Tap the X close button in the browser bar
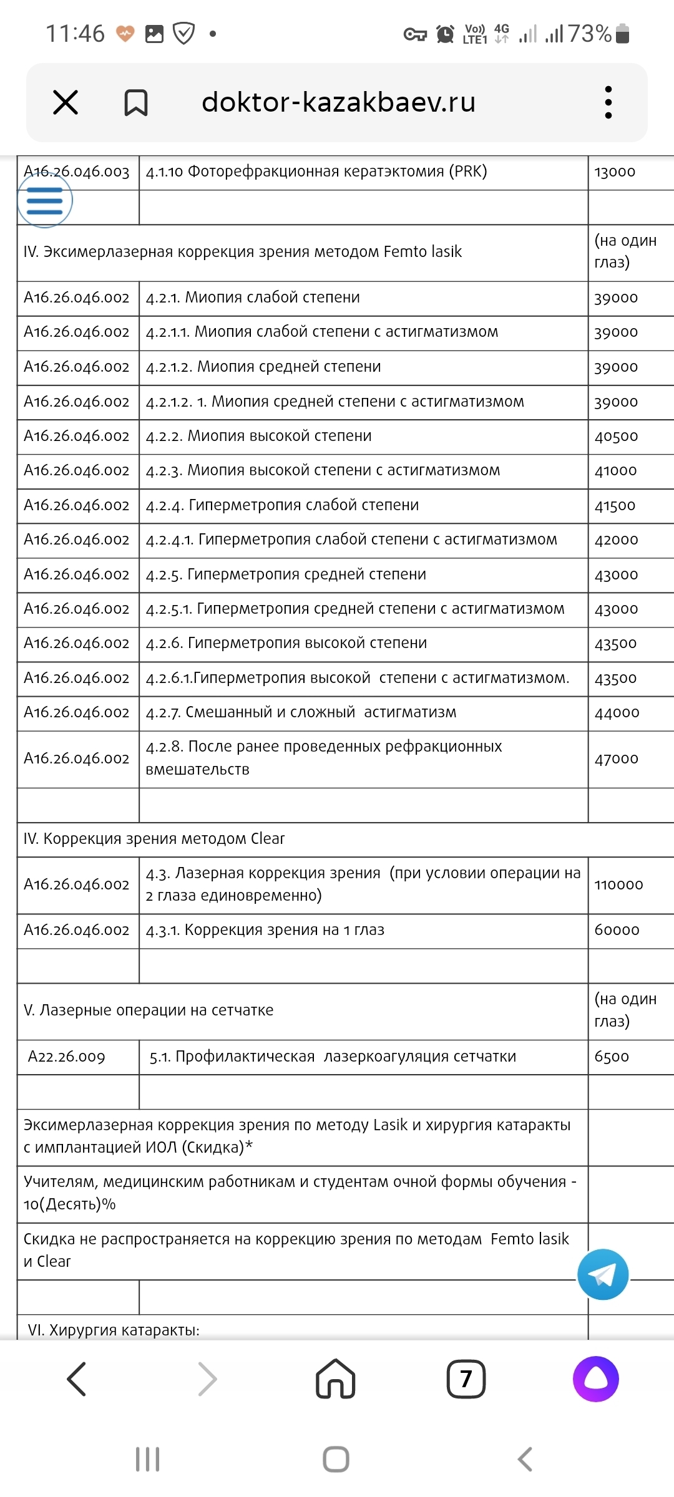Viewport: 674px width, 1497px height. (x=66, y=102)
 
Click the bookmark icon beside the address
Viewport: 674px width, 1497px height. (x=135, y=103)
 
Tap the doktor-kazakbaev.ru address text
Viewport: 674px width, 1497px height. (x=338, y=102)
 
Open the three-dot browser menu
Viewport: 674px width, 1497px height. (x=608, y=102)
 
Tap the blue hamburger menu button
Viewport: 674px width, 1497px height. (x=45, y=201)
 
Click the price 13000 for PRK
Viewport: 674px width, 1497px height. (x=615, y=172)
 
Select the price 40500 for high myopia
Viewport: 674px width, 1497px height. (x=616, y=437)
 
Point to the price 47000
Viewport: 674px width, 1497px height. (x=617, y=759)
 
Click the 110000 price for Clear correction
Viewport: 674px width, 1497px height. (x=618, y=885)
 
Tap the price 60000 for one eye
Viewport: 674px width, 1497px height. (x=617, y=931)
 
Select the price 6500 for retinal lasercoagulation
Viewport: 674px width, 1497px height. (x=612, y=1057)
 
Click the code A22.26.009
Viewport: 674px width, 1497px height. (x=67, y=1057)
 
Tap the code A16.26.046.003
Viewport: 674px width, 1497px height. (x=77, y=172)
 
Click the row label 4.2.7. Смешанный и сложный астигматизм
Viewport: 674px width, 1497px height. (x=301, y=712)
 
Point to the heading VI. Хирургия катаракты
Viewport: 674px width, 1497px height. (x=114, y=1330)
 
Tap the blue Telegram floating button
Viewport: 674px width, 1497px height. (x=603, y=1274)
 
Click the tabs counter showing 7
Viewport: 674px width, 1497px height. (x=466, y=1378)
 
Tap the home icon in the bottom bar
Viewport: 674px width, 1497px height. (x=336, y=1378)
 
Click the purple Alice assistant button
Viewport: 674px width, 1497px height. (x=595, y=1378)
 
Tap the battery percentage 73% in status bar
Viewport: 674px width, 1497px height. (x=589, y=34)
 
